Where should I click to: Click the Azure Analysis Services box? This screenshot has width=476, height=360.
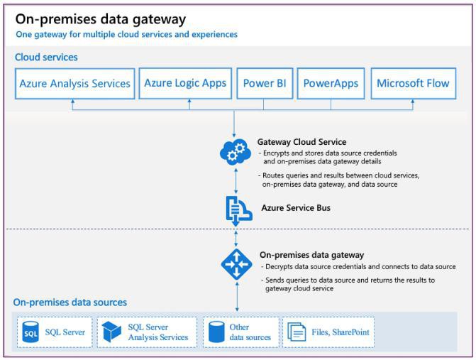74,83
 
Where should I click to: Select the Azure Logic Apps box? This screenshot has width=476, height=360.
185,83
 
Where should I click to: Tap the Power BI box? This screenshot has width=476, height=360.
264,83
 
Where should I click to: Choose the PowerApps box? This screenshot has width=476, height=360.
330,83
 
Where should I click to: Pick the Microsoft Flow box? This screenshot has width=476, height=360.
413,83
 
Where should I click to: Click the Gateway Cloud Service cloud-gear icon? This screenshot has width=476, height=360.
235,151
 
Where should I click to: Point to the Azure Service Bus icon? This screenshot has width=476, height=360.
236,208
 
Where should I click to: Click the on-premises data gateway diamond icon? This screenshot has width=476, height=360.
236,263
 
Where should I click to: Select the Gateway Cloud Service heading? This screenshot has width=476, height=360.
301,142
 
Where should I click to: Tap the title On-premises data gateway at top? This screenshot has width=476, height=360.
100,19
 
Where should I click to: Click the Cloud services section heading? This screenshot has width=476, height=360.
46,57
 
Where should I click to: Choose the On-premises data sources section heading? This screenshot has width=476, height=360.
71,302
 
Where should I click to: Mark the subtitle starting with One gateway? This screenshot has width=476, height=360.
126,34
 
